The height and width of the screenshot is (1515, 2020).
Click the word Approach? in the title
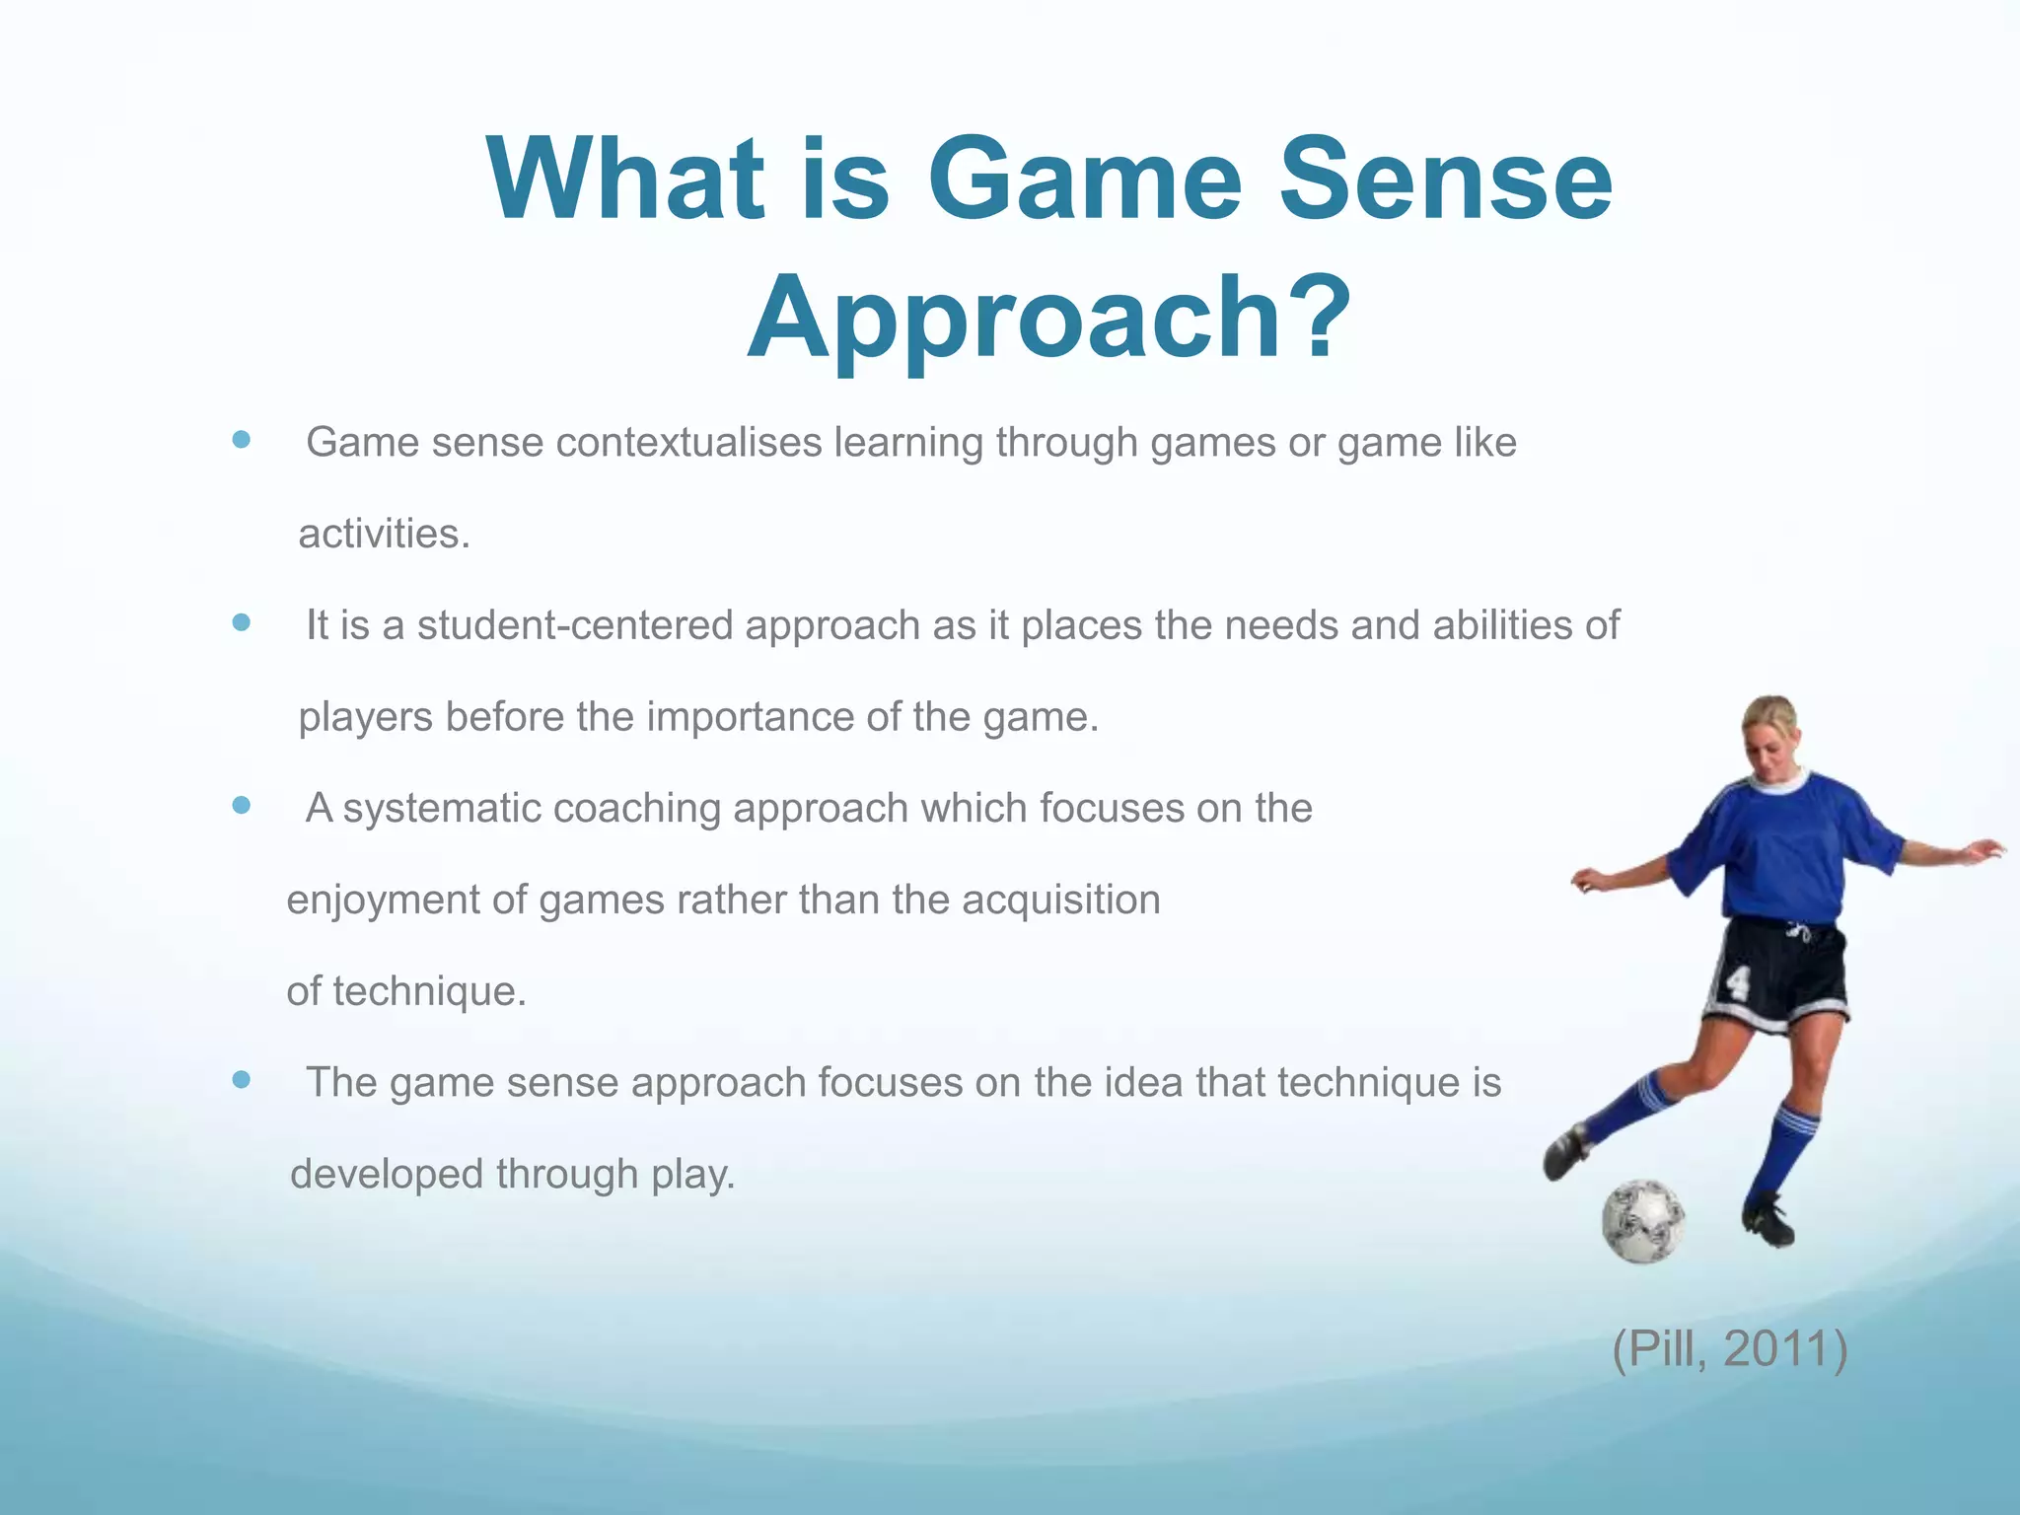click(1048, 318)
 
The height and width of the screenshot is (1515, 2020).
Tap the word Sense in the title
click(1445, 180)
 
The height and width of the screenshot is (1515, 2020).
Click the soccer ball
click(1642, 1221)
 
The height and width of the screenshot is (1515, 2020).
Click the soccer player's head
click(1771, 735)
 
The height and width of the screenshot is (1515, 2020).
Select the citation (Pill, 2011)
click(1729, 1348)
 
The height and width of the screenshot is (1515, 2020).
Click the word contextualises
click(688, 442)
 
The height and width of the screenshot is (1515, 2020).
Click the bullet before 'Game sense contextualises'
click(241, 440)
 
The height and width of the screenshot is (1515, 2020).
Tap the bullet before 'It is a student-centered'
click(241, 623)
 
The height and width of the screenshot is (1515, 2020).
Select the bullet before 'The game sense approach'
click(241, 1080)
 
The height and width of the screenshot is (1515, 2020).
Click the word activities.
click(384, 535)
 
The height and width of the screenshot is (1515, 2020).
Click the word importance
click(750, 717)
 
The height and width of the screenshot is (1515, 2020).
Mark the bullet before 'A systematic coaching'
click(241, 806)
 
